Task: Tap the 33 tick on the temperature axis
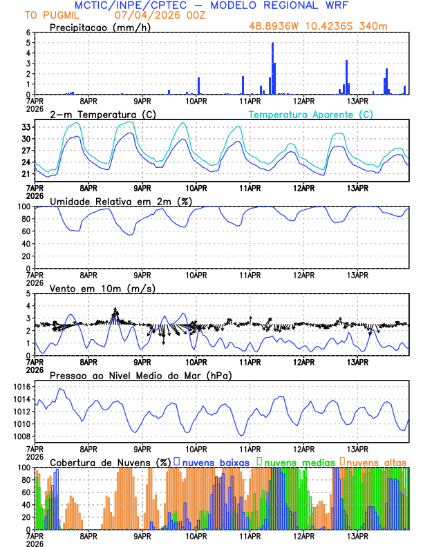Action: coord(26,127)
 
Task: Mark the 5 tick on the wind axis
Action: coord(28,294)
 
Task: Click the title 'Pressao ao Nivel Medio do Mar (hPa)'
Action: coord(140,375)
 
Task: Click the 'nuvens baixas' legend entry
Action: coord(217,461)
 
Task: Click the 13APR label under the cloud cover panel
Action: coord(357,536)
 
